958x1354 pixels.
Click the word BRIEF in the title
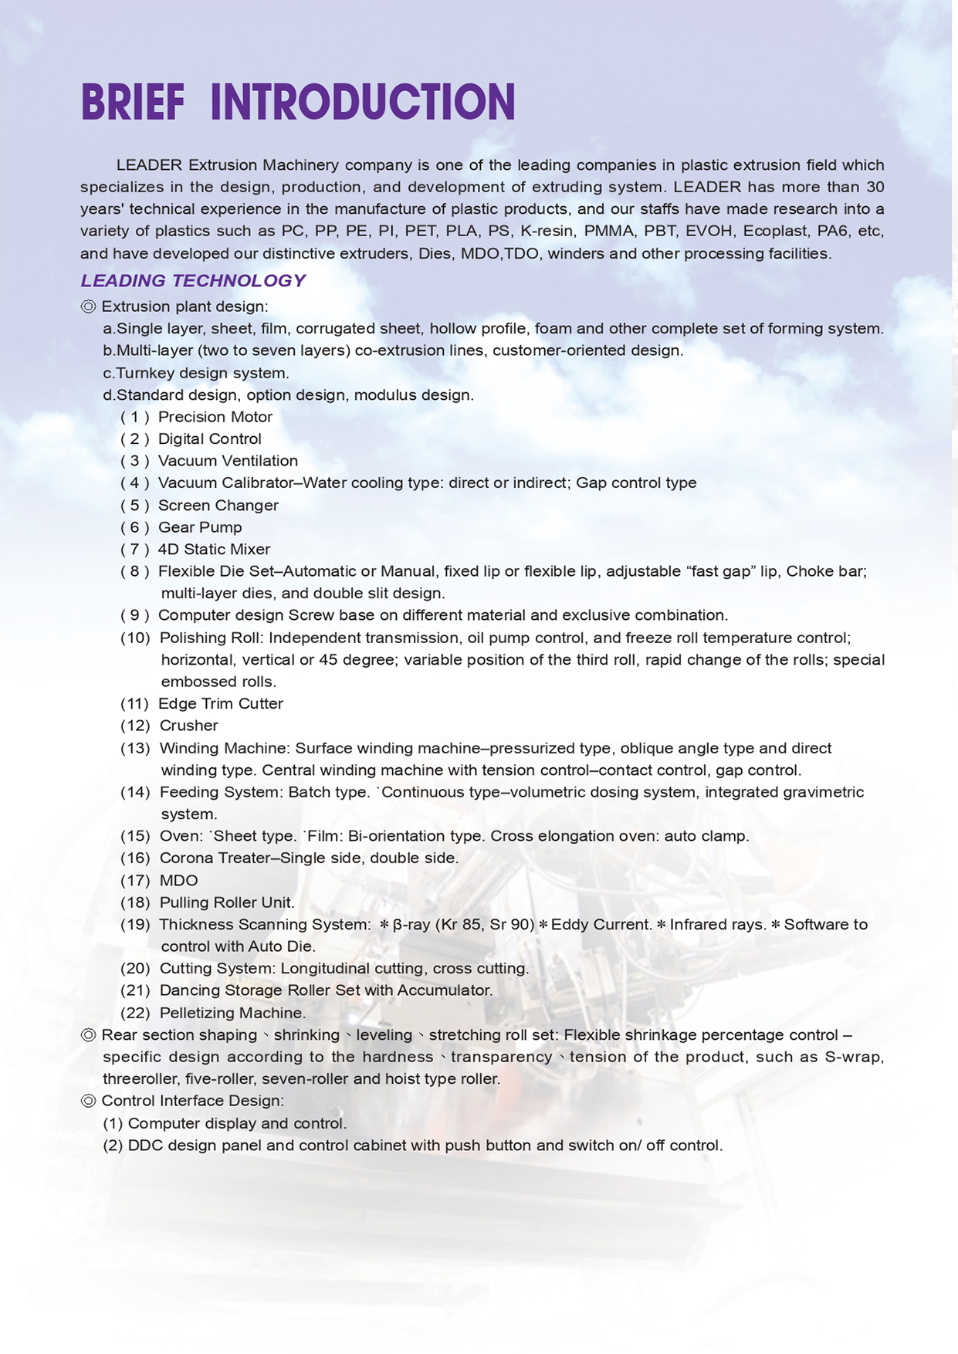[x=133, y=103]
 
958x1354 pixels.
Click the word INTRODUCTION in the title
[x=363, y=103]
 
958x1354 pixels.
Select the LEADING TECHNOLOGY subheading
[x=193, y=281]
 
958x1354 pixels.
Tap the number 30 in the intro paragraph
[x=875, y=187]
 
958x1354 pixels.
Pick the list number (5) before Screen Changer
[x=134, y=506]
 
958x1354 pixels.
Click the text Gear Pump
[x=200, y=527]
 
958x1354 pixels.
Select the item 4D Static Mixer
[x=214, y=550]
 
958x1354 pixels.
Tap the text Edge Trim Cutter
[x=221, y=704]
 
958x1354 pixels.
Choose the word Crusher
[x=188, y=726]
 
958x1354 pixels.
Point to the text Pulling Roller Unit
[x=227, y=902]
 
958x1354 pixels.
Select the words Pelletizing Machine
[x=232, y=1013]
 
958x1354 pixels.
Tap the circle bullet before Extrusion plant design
[x=88, y=307]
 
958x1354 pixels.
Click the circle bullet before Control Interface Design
[x=88, y=1101]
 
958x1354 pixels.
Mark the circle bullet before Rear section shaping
[x=88, y=1035]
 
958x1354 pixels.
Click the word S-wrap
[x=854, y=1057]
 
